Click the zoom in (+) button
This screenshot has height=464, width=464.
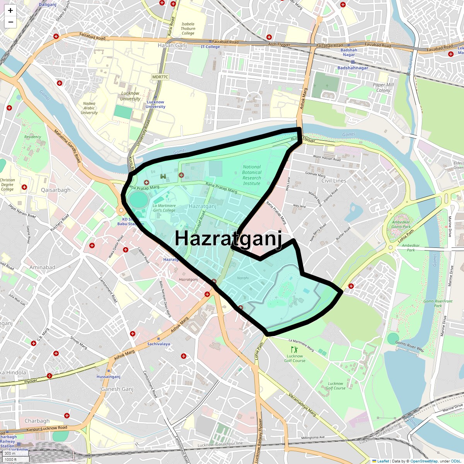pos(10,10)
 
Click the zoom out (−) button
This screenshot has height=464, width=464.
pos(10,22)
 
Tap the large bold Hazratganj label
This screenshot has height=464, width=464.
pos(228,238)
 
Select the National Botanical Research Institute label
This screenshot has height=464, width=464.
pos(252,175)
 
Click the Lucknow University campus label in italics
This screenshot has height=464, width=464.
pos(130,96)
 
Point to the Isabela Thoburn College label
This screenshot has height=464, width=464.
pos(188,29)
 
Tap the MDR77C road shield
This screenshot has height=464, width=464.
pos(160,77)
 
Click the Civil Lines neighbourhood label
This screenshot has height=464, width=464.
pos(334,181)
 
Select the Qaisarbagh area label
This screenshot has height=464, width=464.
pos(56,190)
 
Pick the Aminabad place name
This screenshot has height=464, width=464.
pos(42,267)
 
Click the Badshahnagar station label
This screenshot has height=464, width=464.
pos(353,68)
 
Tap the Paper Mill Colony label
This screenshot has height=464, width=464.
pos(383,87)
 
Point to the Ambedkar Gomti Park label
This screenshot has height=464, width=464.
pos(401,224)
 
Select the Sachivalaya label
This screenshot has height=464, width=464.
pos(159,344)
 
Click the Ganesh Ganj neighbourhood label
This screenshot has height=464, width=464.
pos(117,389)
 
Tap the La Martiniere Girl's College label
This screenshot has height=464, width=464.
pos(164,208)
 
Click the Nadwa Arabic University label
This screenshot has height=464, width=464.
pos(89,108)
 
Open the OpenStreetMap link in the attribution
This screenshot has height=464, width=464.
pos(424,461)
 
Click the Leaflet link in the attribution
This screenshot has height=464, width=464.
pos(383,461)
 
